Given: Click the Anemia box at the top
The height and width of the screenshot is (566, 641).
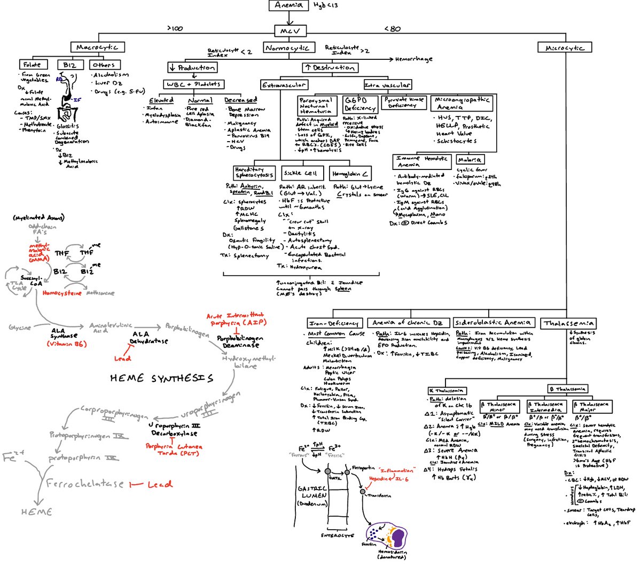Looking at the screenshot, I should [x=289, y=5].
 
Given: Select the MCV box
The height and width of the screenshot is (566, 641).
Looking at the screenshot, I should [x=290, y=30].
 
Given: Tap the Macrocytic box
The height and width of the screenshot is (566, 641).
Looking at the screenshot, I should [x=98, y=47].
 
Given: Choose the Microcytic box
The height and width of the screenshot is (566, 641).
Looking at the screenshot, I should [x=565, y=48].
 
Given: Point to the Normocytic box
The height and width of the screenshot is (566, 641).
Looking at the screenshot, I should [x=287, y=48].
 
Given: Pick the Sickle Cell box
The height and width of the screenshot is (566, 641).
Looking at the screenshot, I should [x=301, y=173].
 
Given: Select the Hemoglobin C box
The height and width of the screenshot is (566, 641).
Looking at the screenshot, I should [x=350, y=174].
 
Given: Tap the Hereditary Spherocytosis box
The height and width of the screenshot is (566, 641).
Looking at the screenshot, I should [x=254, y=173].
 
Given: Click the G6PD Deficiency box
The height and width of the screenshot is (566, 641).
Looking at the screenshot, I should [x=359, y=104].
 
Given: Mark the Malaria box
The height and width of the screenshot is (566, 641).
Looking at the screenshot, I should [x=470, y=159].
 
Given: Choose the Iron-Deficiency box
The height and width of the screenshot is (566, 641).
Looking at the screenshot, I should [x=334, y=323].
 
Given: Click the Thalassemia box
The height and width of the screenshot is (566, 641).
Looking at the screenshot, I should [x=568, y=323].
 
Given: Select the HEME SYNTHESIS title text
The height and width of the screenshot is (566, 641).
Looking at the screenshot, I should [x=161, y=378].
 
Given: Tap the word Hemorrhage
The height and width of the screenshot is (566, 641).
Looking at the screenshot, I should [x=414, y=59].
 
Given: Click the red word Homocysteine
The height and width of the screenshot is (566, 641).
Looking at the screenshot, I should [x=62, y=293].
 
